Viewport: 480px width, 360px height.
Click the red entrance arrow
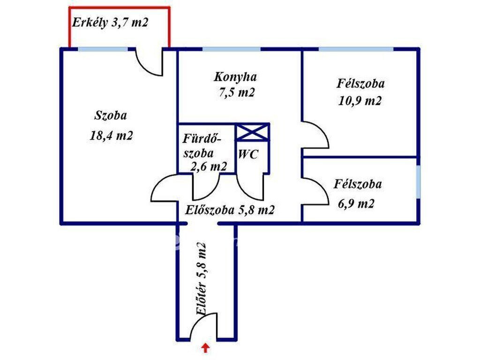click(x=205, y=348)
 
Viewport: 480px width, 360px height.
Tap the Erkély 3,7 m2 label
click(x=110, y=22)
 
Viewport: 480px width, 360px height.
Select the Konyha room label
click(x=235, y=76)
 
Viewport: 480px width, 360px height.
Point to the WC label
click(x=248, y=154)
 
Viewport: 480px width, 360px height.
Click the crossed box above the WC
click(x=252, y=132)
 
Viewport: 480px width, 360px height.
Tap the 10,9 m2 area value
click(x=360, y=100)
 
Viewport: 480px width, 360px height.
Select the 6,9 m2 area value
click(x=356, y=203)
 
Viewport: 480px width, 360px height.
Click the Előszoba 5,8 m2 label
click(x=230, y=210)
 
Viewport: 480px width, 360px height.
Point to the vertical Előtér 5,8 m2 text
click(x=201, y=279)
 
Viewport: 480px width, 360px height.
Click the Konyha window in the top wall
click(x=232, y=49)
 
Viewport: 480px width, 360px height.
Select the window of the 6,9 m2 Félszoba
click(x=418, y=182)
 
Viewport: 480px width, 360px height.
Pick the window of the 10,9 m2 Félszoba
click(x=356, y=49)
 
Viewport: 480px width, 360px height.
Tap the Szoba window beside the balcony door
click(x=103, y=49)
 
